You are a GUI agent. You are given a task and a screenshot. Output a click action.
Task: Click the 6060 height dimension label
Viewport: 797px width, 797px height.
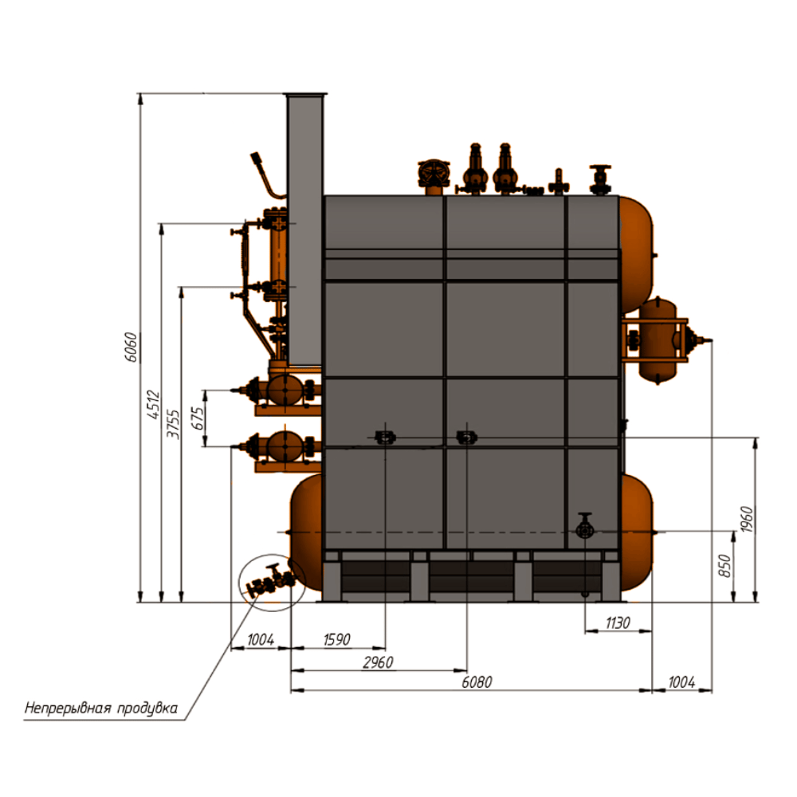[131, 347]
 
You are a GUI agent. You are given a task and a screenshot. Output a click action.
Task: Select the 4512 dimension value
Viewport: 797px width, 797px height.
[154, 405]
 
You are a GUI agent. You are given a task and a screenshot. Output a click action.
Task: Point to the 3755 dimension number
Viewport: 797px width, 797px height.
[173, 425]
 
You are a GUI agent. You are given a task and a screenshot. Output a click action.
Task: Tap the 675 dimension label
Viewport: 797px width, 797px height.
[197, 418]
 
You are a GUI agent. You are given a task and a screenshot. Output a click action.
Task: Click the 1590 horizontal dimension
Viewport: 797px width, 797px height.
[337, 639]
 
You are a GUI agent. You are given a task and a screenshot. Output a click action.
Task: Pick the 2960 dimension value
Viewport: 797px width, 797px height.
[378, 662]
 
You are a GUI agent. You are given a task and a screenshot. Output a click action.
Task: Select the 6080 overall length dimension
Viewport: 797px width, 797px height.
[477, 682]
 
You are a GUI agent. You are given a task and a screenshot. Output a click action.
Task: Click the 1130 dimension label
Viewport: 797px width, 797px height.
[618, 622]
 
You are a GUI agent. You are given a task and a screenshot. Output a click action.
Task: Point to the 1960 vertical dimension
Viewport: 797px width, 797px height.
[747, 520]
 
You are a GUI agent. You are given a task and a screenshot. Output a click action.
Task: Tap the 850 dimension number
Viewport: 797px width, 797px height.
[724, 566]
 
